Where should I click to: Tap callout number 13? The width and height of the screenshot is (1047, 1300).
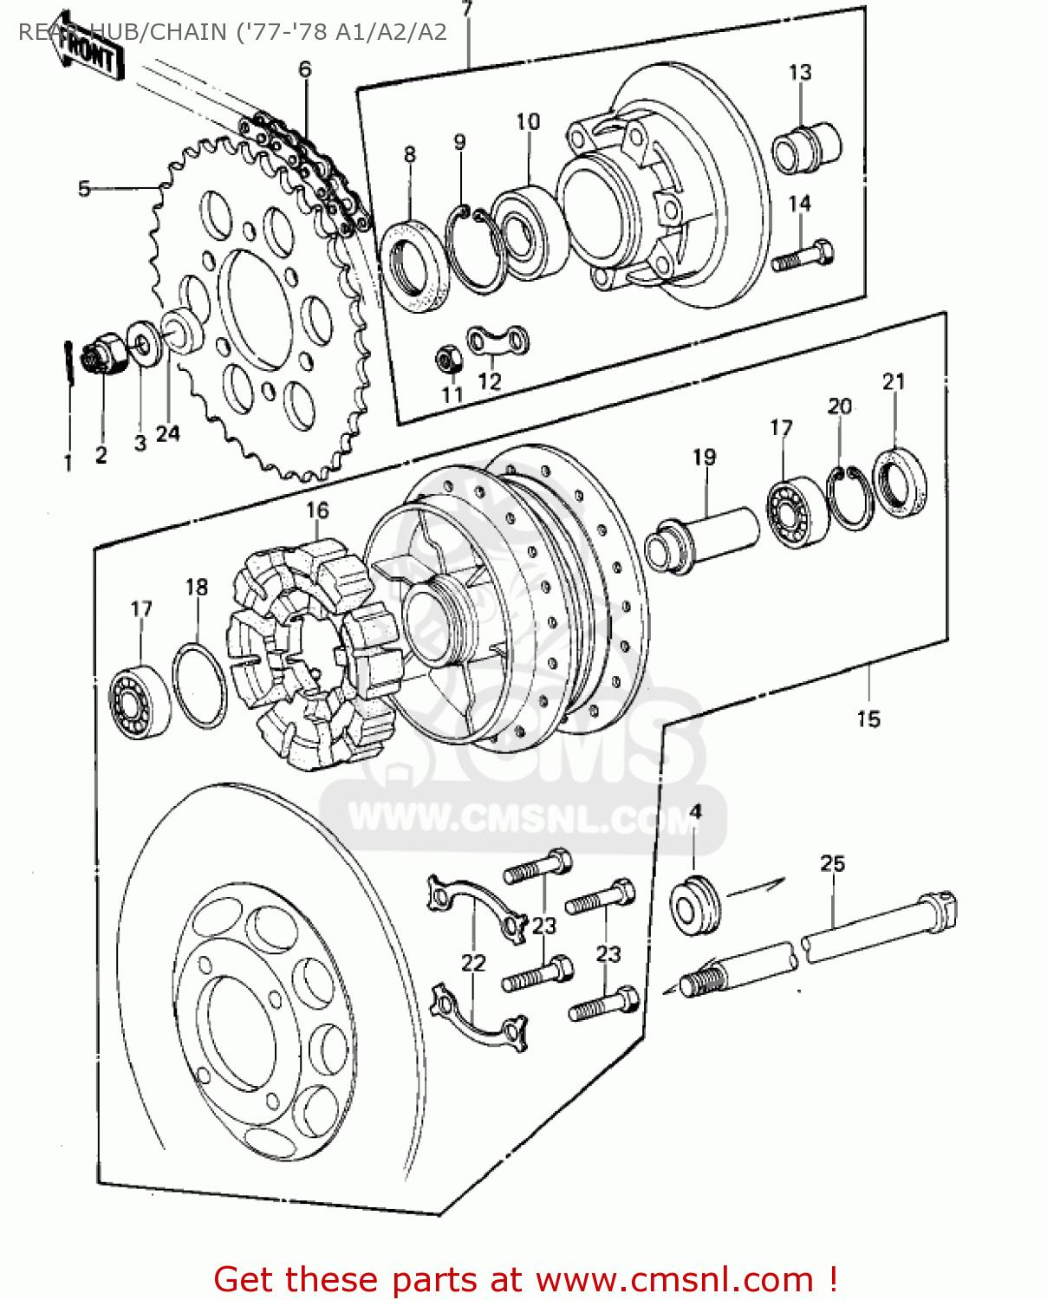[799, 72]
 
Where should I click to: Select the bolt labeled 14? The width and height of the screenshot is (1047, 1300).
[803, 257]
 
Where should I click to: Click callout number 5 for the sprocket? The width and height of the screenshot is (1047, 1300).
[84, 188]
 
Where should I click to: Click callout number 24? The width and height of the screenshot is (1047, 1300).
[168, 433]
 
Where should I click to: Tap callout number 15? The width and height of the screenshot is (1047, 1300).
[868, 718]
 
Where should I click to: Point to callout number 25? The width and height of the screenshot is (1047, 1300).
[832, 863]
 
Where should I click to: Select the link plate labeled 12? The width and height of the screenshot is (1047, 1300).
[498, 341]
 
